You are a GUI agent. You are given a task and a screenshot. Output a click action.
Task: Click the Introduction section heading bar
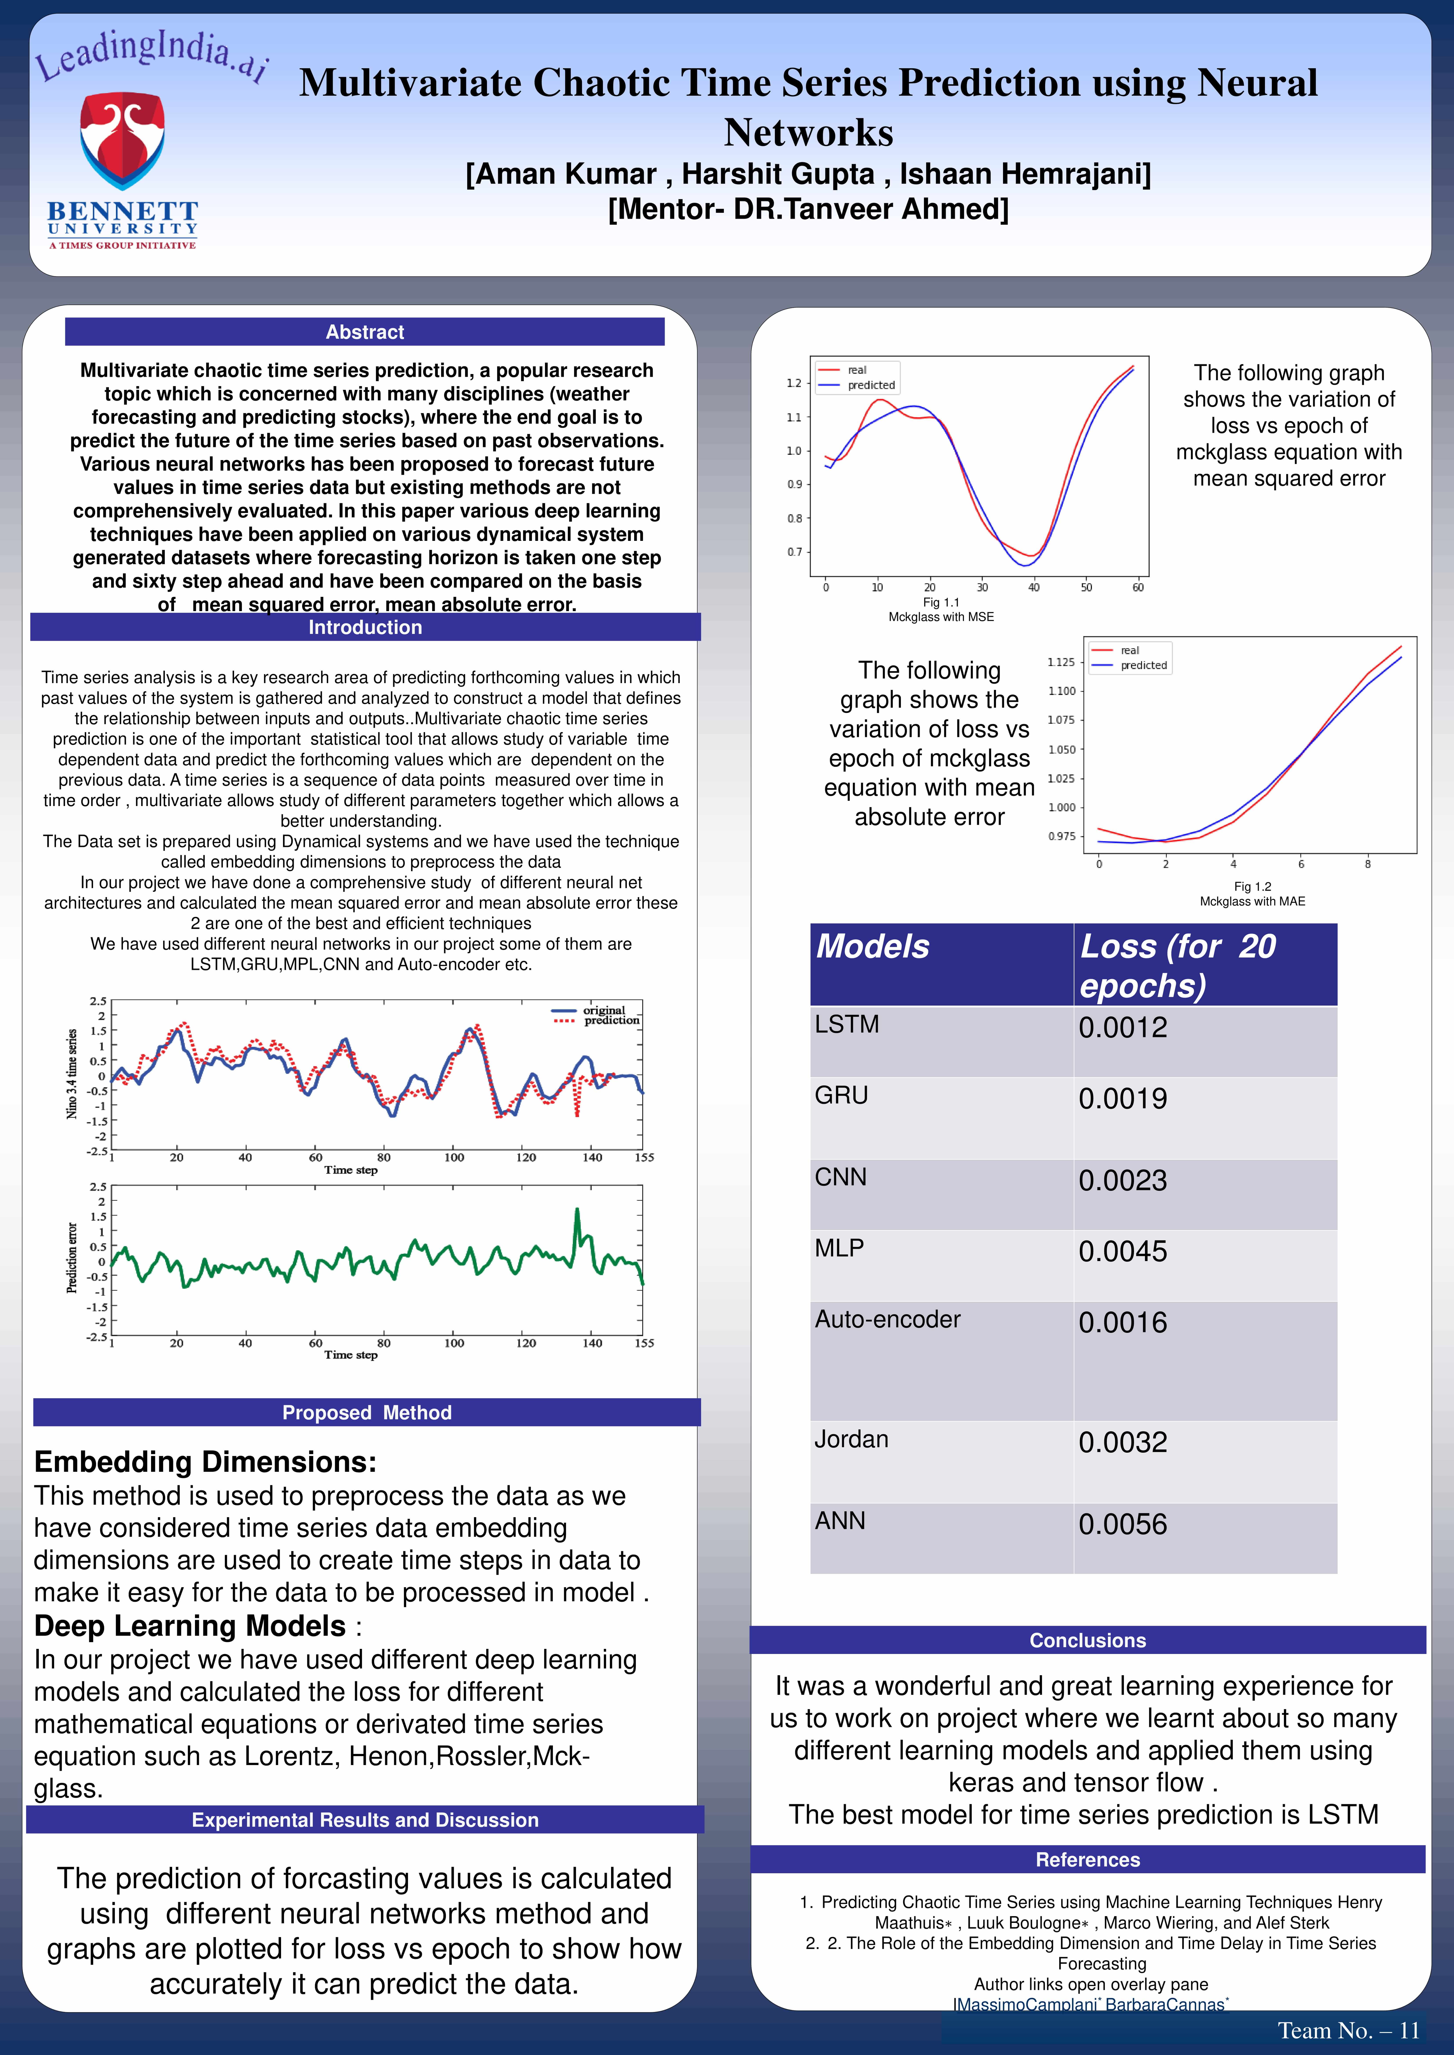[365, 627]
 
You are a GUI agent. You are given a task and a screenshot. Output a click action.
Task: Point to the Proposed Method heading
[367, 1412]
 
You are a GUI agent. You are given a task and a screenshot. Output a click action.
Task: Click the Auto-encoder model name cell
[887, 1319]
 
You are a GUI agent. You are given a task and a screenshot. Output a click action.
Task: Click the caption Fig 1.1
[941, 602]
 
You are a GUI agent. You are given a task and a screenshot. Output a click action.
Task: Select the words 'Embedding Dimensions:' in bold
[205, 1462]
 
